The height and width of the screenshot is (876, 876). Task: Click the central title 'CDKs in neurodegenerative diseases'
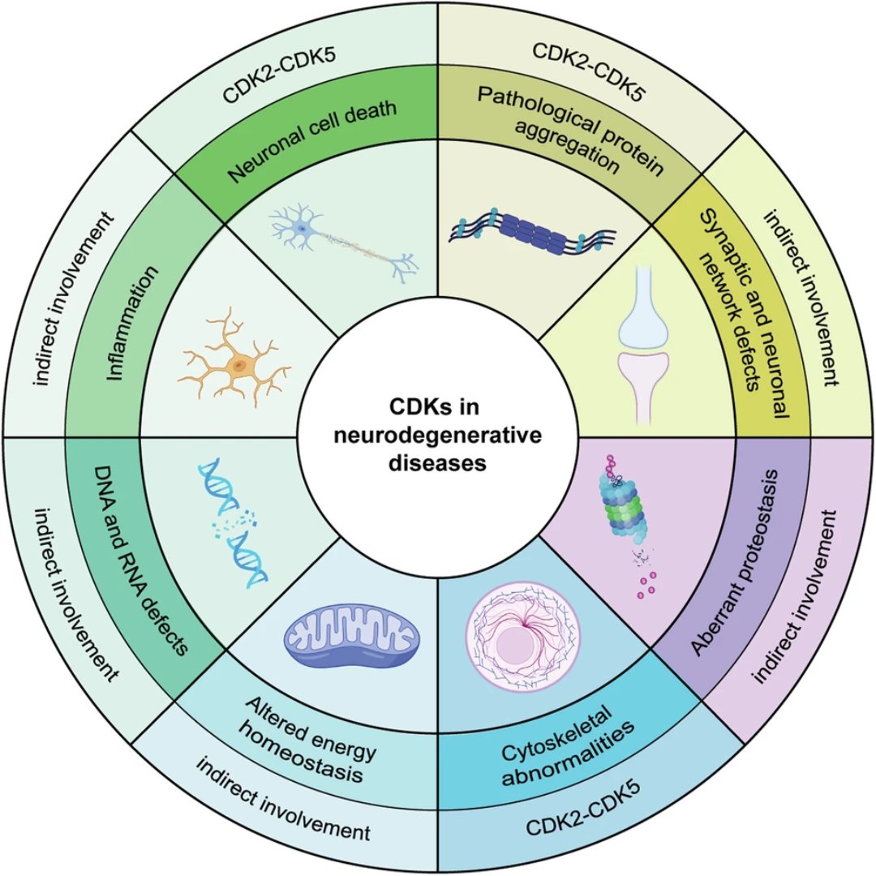pyautogui.click(x=438, y=437)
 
